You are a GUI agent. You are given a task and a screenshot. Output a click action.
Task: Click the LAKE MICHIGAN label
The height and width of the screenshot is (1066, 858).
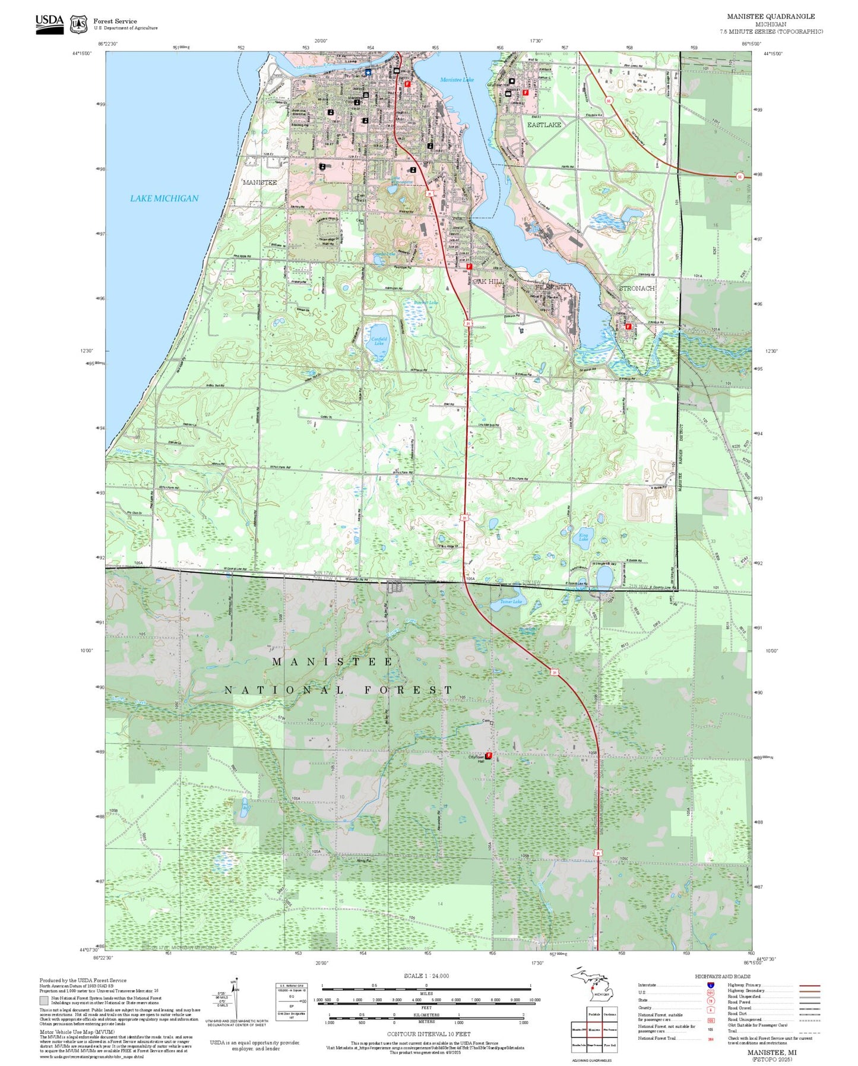[x=164, y=198]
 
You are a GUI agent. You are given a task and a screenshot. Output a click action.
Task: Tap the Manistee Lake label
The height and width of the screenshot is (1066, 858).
[x=457, y=80]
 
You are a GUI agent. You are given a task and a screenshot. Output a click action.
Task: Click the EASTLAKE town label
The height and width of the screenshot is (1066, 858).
[x=544, y=125]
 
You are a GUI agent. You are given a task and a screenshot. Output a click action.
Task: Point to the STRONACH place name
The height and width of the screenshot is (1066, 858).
[x=637, y=288]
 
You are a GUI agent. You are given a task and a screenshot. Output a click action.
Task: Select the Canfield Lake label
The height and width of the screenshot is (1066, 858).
[x=379, y=341]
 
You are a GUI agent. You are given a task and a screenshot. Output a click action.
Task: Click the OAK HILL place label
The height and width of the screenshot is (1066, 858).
[x=488, y=281]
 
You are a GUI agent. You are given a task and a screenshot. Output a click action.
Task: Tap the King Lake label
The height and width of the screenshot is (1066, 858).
[x=584, y=537]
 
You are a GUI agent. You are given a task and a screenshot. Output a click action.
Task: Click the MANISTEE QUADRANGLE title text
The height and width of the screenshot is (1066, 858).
[x=771, y=17]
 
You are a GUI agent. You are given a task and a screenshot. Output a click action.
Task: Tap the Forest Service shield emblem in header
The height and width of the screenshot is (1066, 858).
[x=78, y=24]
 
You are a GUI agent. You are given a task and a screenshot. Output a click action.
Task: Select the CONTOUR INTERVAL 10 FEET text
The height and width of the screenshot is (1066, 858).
[x=428, y=1034]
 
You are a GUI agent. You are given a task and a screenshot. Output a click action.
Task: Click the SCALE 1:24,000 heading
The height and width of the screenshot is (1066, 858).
[x=426, y=976]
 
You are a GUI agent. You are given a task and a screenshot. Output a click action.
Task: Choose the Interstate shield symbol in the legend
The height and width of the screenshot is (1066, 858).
[x=710, y=985]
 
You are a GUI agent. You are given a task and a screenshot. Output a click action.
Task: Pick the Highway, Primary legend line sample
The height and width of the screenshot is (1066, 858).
[x=809, y=985]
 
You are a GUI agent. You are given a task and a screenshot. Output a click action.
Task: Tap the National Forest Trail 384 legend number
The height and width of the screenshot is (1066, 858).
[x=710, y=1039]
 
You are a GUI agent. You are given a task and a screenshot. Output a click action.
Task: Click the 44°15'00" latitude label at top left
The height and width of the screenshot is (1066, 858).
[x=82, y=53]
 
